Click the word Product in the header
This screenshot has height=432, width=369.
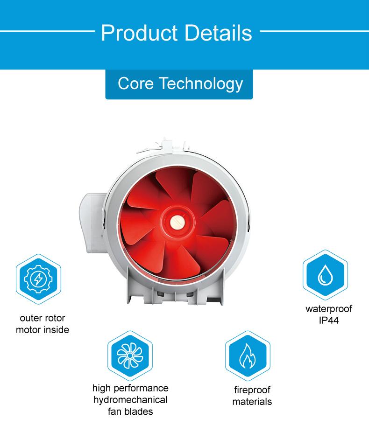click(x=139, y=33)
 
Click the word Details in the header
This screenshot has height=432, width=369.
click(x=218, y=33)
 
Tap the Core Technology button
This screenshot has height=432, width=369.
click(x=179, y=84)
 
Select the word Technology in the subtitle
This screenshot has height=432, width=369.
click(x=201, y=84)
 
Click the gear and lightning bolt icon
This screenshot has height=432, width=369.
click(x=38, y=279)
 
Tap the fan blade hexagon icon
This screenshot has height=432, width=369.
click(x=130, y=355)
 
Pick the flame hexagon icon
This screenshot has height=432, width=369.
click(x=248, y=355)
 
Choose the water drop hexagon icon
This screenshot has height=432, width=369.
click(x=326, y=275)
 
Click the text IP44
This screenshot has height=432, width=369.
click(x=329, y=321)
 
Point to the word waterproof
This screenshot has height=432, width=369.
click(x=329, y=309)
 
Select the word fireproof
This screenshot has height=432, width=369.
click(x=252, y=390)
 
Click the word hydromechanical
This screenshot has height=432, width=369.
click(x=130, y=400)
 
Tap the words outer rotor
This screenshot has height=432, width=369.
click(x=43, y=318)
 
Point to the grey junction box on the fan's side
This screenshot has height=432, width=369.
click(x=92, y=223)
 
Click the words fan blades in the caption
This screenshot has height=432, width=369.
click(x=130, y=411)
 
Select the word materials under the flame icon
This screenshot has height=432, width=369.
click(x=252, y=402)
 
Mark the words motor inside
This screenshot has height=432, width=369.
click(x=43, y=330)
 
